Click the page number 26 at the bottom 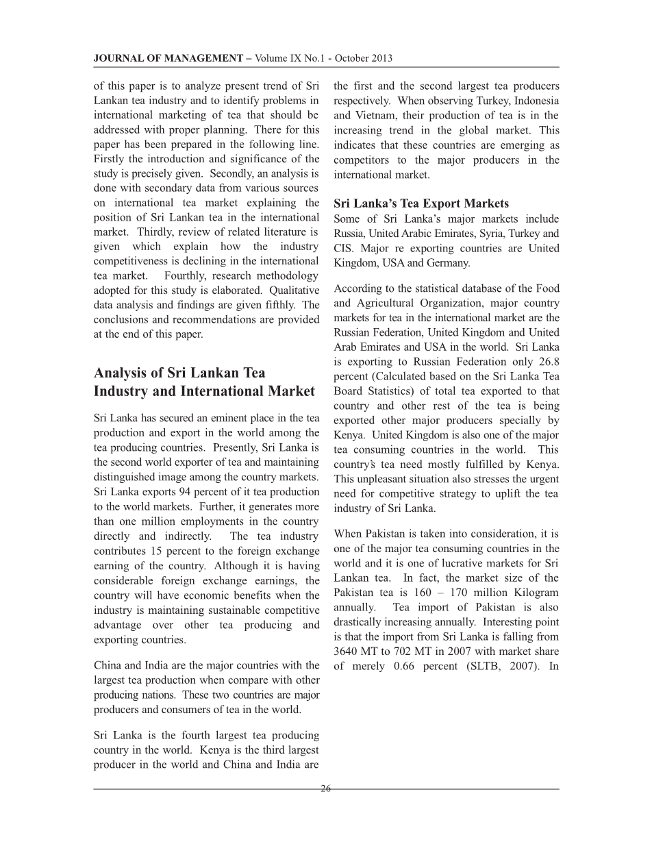325,789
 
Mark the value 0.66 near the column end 409,666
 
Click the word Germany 453,262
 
